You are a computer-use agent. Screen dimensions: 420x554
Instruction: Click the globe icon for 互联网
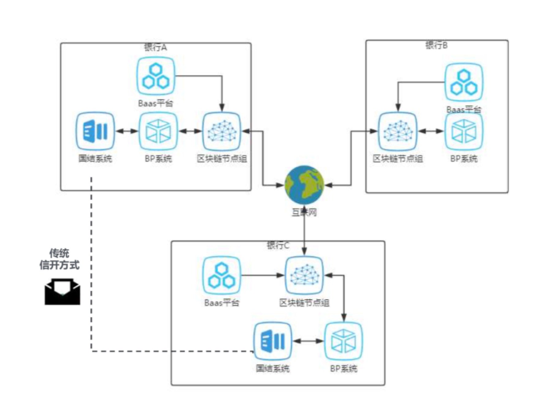click(304, 185)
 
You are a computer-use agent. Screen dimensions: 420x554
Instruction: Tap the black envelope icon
click(63, 291)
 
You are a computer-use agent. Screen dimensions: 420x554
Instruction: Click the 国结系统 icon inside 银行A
click(95, 131)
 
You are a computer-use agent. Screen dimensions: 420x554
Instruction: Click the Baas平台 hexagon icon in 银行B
click(464, 82)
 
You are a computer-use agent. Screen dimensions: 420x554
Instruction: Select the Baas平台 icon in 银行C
click(222, 276)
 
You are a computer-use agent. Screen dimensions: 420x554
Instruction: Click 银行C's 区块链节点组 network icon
click(304, 276)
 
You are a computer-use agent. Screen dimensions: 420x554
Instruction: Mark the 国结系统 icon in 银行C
click(273, 341)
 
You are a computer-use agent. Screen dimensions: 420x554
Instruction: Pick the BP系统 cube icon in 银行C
click(343, 341)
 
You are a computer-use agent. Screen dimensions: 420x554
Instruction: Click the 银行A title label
click(155, 47)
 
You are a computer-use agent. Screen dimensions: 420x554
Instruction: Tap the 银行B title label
click(436, 45)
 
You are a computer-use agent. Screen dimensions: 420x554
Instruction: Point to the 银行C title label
click(278, 246)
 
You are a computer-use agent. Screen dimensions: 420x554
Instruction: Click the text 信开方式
click(59, 265)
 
